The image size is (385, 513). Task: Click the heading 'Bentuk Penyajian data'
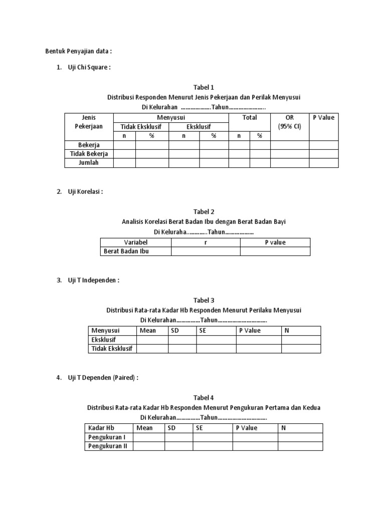[79, 51]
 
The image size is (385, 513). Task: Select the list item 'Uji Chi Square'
[88, 68]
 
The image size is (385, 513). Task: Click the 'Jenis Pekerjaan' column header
[89, 122]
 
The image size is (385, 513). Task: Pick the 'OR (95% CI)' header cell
[290, 122]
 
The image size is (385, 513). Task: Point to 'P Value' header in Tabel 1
[323, 118]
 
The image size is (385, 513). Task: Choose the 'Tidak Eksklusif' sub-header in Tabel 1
[141, 126]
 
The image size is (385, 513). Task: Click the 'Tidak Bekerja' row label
[89, 154]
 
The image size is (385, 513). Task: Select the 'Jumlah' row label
[89, 163]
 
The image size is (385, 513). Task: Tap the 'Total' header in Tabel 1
[249, 118]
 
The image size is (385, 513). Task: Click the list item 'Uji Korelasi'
[85, 192]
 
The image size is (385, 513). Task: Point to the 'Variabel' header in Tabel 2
[135, 242]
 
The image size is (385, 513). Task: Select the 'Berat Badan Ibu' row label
[126, 251]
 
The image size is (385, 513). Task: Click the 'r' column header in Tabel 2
[206, 242]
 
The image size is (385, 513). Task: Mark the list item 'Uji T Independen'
[93, 281]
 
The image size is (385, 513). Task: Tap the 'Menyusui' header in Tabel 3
[105, 331]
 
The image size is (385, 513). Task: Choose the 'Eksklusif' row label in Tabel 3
[103, 340]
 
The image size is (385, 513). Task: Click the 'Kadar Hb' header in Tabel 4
[101, 428]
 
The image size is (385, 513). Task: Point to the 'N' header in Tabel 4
[283, 428]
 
